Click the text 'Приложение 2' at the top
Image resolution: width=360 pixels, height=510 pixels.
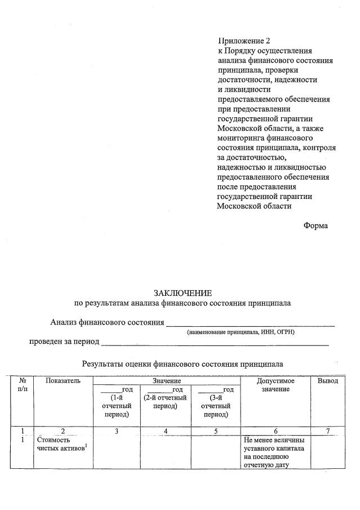click(244, 41)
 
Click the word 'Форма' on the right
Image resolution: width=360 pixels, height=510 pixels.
click(315, 225)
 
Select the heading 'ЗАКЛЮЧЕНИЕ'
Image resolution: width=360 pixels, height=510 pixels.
click(183, 293)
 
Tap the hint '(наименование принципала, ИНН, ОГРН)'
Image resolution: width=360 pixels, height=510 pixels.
click(241, 332)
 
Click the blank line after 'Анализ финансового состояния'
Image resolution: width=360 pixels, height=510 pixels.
click(250, 323)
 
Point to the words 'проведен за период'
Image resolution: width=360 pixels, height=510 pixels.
click(64, 342)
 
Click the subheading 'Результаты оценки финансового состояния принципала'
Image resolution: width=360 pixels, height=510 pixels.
click(183, 364)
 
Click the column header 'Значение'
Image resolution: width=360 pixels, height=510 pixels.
click(167, 382)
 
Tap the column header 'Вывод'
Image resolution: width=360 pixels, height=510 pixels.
click(327, 381)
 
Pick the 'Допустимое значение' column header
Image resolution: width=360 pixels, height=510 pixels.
click(275, 385)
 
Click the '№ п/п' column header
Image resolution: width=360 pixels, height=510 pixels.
click(23, 385)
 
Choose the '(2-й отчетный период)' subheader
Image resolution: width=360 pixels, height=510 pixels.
click(165, 402)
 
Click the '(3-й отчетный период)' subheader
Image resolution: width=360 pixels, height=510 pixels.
click(216, 406)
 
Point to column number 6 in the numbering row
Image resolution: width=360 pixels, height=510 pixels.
click(275, 431)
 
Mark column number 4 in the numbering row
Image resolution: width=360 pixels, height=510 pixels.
click(165, 431)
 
